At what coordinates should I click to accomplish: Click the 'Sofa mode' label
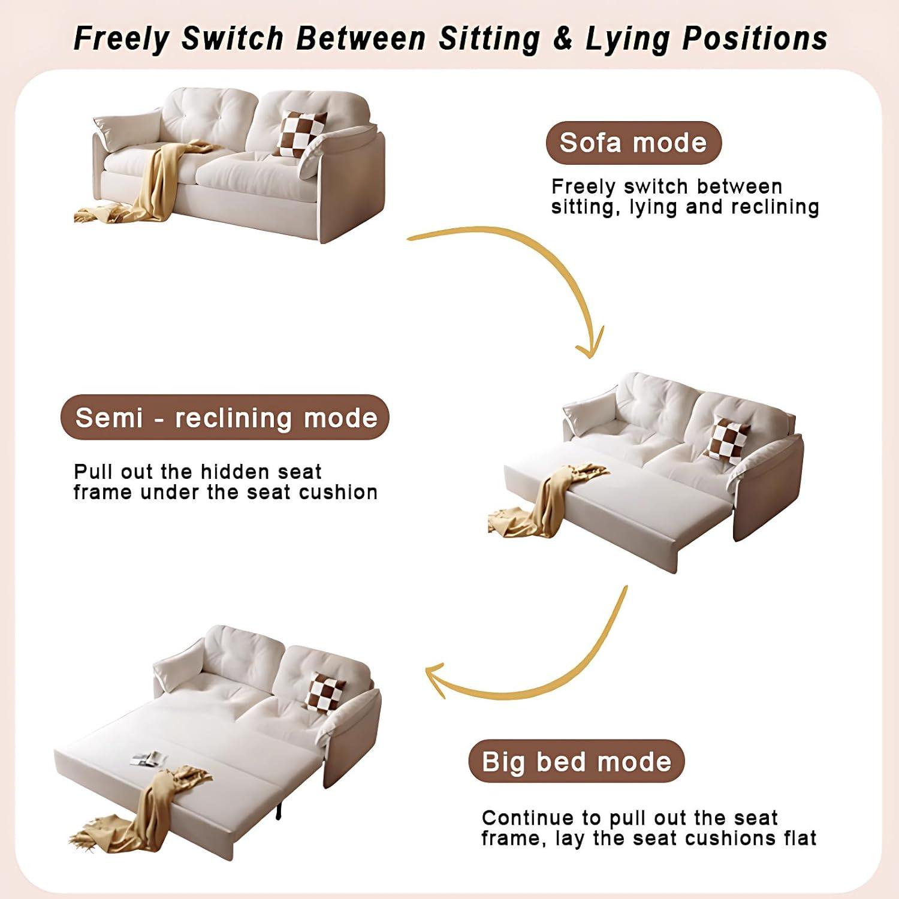[633, 143]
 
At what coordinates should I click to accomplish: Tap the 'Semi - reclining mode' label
[225, 417]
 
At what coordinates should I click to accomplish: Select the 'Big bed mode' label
[576, 761]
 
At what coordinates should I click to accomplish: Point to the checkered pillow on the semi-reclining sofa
[726, 441]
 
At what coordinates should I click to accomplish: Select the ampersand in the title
[562, 38]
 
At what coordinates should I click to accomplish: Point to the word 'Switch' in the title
[233, 38]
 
